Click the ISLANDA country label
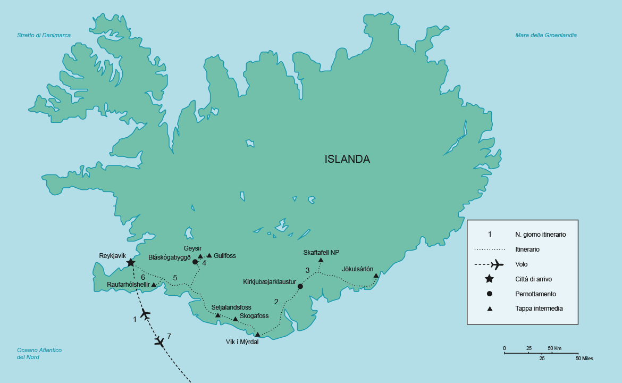point(347,159)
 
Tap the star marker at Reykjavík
point(131,262)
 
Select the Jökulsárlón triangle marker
point(376,276)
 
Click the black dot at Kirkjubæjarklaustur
point(300,286)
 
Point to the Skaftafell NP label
point(321,252)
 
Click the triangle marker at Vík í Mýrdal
point(258,335)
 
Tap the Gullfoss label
point(224,256)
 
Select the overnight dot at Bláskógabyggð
point(195,262)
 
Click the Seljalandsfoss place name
point(231,307)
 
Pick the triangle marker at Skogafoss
point(236,319)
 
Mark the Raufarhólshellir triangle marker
point(154,285)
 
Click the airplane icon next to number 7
point(159,342)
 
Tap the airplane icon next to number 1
point(145,314)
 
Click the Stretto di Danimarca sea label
point(44,36)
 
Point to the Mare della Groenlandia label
point(545,36)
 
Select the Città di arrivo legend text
point(534,279)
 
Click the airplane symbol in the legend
point(497,264)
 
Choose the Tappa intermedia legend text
point(539,309)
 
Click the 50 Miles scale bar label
point(584,359)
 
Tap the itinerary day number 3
point(307,270)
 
